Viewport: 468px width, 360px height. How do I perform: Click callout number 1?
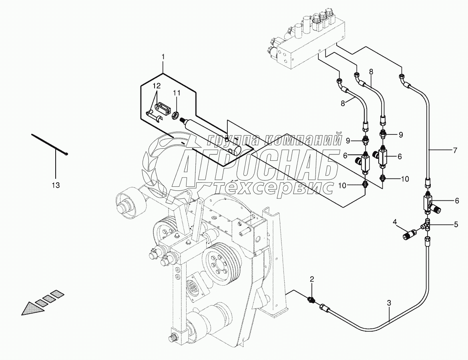pyautogui.click(x=163, y=58)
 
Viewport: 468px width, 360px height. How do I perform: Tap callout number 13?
pyautogui.click(x=56, y=185)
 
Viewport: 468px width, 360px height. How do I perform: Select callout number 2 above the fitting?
pyautogui.click(x=312, y=279)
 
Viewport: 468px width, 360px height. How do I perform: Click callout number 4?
pyautogui.click(x=395, y=222)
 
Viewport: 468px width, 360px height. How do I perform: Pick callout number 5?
pyautogui.click(x=455, y=224)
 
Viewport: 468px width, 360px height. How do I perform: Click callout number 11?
pyautogui.click(x=177, y=93)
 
